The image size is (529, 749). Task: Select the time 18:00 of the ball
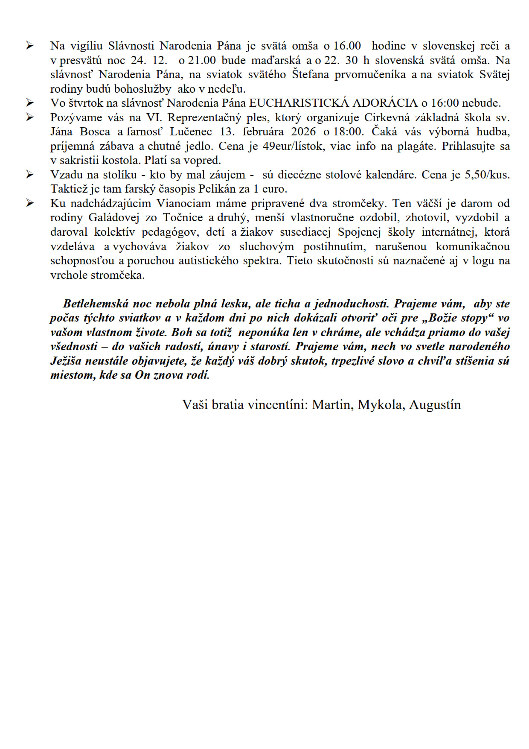348,132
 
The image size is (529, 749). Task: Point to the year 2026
304,132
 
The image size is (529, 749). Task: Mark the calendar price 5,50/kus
485,175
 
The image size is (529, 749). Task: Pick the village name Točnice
183,217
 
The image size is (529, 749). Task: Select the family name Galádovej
114,217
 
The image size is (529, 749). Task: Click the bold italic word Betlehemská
96,304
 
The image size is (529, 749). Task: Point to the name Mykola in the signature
381,405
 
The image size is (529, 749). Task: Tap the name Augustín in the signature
435,405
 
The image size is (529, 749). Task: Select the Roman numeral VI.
152,117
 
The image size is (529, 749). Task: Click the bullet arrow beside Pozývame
30,117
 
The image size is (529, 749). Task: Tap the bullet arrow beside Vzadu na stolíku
30,175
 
